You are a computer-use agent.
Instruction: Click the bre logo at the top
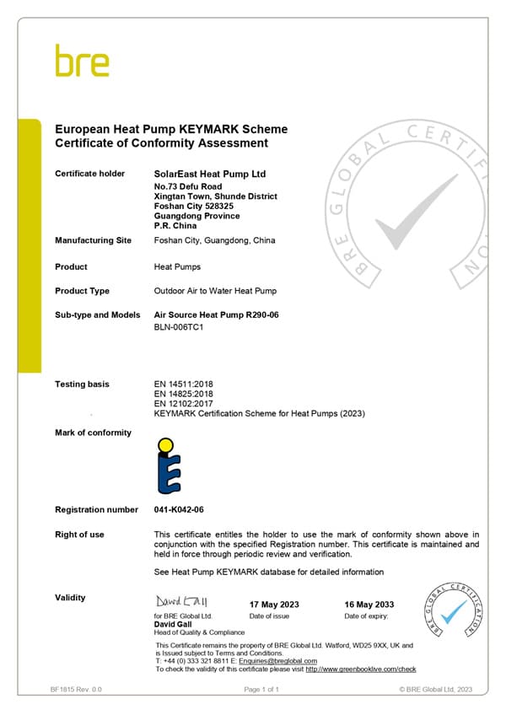tap(82, 61)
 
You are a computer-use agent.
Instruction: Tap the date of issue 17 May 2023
tap(274, 605)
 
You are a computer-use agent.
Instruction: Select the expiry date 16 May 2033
tap(369, 605)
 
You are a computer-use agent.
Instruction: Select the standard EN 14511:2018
tap(183, 384)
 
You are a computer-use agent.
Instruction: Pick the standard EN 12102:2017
tap(183, 405)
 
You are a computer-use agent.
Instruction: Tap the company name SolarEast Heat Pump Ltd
tap(210, 174)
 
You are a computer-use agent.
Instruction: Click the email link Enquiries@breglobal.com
tap(279, 661)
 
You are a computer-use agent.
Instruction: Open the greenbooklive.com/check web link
tap(361, 669)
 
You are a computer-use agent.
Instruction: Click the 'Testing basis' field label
tap(82, 384)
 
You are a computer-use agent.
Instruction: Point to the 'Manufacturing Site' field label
tap(93, 240)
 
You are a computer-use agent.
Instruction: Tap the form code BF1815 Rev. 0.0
tap(77, 690)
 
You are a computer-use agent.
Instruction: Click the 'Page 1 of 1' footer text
tap(261, 690)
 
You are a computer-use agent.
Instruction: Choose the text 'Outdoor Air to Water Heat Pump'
tap(216, 291)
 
